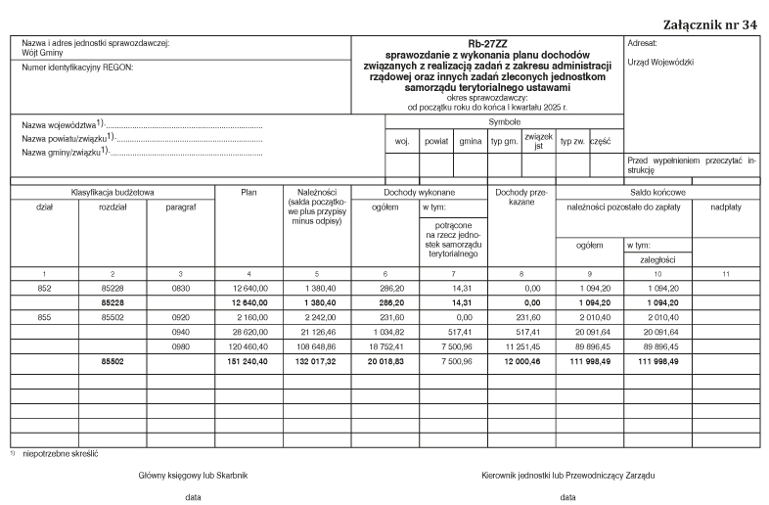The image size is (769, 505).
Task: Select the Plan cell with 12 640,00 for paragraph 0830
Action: click(249, 290)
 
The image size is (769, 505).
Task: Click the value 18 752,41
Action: click(386, 346)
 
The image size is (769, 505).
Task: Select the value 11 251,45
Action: click(521, 346)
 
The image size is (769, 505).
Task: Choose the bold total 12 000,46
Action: click(520, 361)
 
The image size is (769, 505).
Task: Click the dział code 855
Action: click(45, 318)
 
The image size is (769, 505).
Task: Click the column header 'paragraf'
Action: click(180, 207)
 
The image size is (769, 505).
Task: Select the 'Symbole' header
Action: click(504, 121)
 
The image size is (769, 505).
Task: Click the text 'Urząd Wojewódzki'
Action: click(659, 62)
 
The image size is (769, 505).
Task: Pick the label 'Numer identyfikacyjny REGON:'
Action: click(77, 68)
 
